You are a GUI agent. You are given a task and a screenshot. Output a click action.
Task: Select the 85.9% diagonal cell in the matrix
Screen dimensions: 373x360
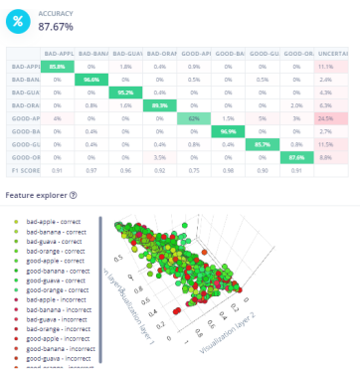click(x=57, y=65)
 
